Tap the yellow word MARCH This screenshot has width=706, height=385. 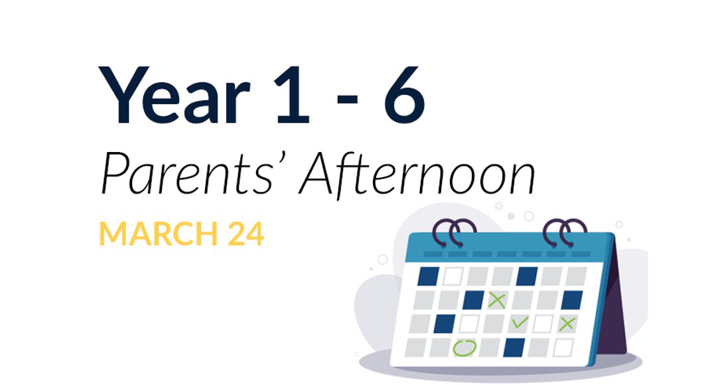click(157, 234)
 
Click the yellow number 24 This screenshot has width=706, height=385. click(244, 234)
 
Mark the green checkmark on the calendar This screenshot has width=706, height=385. click(520, 323)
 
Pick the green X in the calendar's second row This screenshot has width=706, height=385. click(496, 299)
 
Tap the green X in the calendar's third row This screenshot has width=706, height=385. click(566, 324)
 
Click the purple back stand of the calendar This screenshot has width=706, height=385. click(616, 299)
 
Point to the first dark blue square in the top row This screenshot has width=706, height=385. click(428, 275)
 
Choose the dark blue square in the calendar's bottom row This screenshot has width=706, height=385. click(514, 346)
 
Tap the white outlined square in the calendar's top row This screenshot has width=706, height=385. click(453, 275)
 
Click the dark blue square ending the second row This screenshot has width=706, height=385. click(572, 299)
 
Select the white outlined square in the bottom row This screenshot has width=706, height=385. click(563, 347)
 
